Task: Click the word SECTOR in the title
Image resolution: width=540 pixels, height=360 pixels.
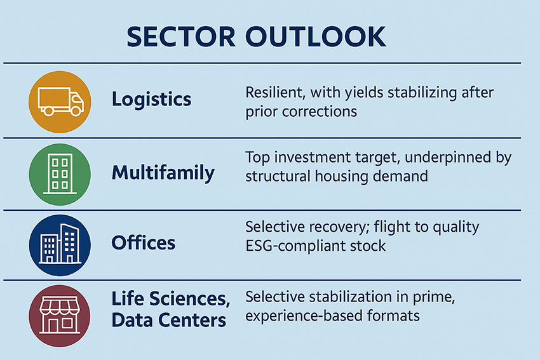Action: pos(181,37)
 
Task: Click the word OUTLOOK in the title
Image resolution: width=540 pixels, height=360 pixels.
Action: pos(316,37)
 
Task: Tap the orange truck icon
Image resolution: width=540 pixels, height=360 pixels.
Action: pos(60,102)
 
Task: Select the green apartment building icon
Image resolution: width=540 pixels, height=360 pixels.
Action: pos(60,175)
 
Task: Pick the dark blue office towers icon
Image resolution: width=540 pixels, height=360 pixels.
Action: pos(60,245)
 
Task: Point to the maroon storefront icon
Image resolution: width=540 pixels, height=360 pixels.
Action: pos(60,316)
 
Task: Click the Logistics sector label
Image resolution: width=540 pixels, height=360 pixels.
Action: pos(152,100)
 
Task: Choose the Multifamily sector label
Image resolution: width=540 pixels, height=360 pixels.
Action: pos(163,173)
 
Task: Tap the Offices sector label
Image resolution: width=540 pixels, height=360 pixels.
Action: pos(144,243)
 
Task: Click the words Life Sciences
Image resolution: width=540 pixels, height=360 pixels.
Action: pos(171,299)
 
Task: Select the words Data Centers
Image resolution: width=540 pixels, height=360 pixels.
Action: pos(169,320)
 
